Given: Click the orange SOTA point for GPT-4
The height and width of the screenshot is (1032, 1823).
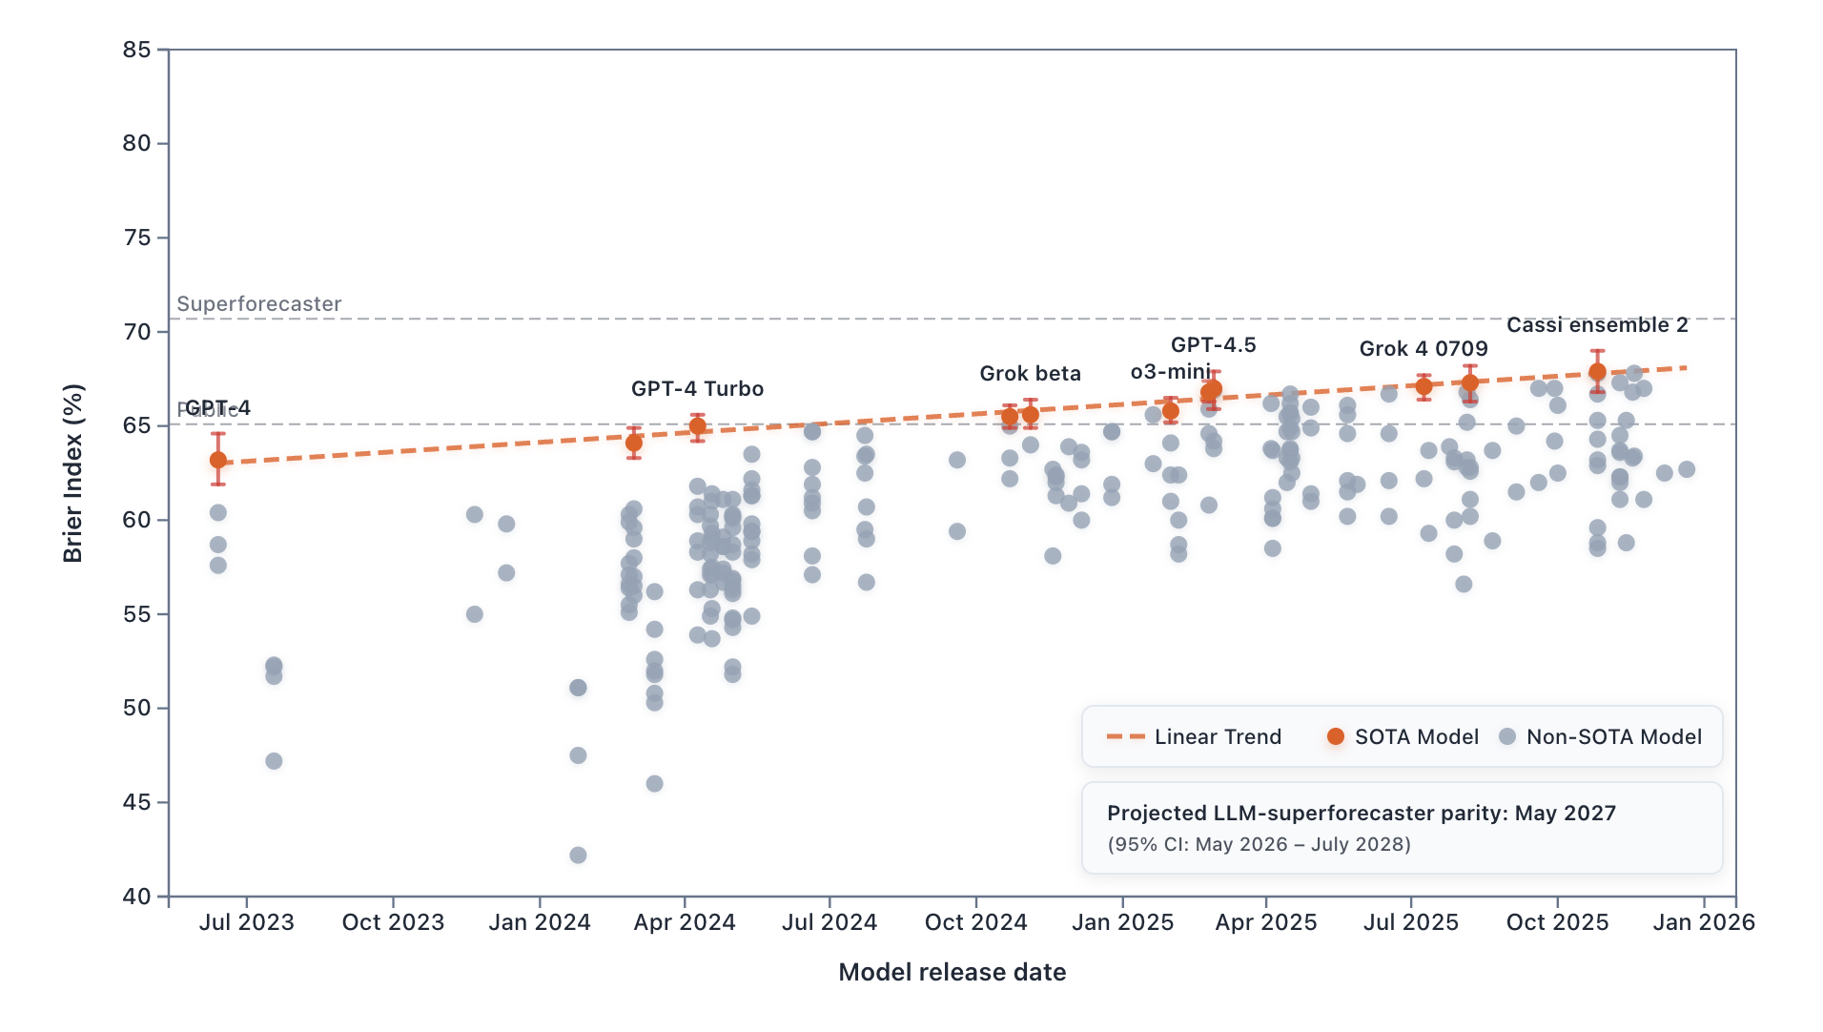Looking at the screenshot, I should pos(218,460).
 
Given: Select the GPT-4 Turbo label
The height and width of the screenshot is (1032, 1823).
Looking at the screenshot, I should pos(697,389).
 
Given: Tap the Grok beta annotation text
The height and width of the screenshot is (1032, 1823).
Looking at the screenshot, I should pos(1030,374).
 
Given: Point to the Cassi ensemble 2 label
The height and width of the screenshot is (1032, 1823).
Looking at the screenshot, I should pos(1597,325).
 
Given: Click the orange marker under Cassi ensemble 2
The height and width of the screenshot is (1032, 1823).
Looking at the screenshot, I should pos(1597,372).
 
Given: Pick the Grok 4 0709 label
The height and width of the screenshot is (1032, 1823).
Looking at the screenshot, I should pos(1424,349).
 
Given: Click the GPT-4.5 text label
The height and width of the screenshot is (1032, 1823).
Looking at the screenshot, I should pos(1213,345).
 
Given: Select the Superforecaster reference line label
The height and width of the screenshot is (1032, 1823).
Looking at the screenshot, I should pos(259,304).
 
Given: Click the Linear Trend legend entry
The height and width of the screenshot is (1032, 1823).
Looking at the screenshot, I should pos(1195,737).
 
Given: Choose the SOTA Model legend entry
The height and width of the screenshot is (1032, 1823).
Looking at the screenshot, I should pos(1403,737).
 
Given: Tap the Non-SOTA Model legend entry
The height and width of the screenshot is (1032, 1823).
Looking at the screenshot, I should pos(1602,737).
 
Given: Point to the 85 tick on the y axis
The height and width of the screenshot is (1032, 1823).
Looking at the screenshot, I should pos(137,50).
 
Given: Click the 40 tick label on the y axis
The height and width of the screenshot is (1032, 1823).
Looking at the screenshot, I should pos(137,897).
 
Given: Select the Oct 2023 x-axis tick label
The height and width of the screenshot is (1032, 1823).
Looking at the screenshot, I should pos(393,923).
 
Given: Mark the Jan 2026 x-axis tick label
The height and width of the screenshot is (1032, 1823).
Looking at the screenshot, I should pos(1704,923).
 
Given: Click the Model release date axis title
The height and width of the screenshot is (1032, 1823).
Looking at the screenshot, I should pos(952,973).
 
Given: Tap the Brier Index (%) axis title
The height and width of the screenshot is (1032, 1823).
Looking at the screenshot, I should pos(73,473).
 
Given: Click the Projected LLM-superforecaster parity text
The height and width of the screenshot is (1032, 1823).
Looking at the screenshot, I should pos(1361,814).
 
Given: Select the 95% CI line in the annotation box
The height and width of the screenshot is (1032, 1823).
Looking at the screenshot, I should pos(1259,845).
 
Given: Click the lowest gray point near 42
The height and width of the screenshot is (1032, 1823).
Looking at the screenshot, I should pos(578,856).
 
